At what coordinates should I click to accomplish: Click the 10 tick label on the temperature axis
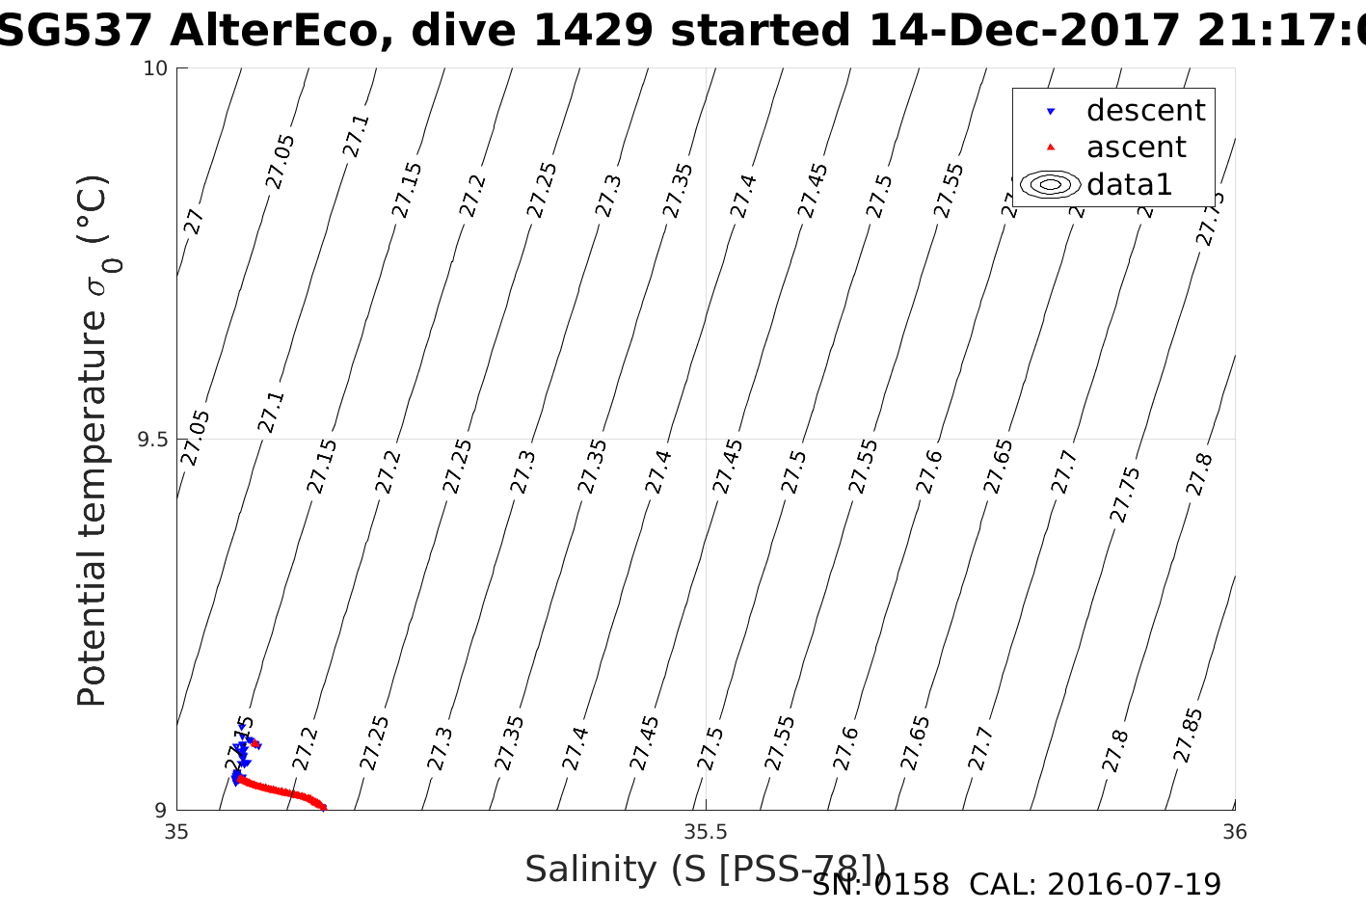click(156, 68)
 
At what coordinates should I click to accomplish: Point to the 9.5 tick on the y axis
click(151, 440)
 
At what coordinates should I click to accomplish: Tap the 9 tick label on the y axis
click(161, 811)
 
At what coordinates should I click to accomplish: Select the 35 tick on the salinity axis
click(176, 832)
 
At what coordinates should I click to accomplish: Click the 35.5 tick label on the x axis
click(706, 832)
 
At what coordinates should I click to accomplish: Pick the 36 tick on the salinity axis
click(1234, 832)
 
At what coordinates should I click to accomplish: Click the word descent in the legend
click(1145, 111)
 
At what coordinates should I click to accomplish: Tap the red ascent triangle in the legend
click(1051, 147)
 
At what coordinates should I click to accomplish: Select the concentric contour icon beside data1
click(1051, 184)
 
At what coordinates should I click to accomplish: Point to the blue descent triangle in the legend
click(1051, 112)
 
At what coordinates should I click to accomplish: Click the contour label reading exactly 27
click(195, 222)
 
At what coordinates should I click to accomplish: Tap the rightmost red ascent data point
click(324, 808)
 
